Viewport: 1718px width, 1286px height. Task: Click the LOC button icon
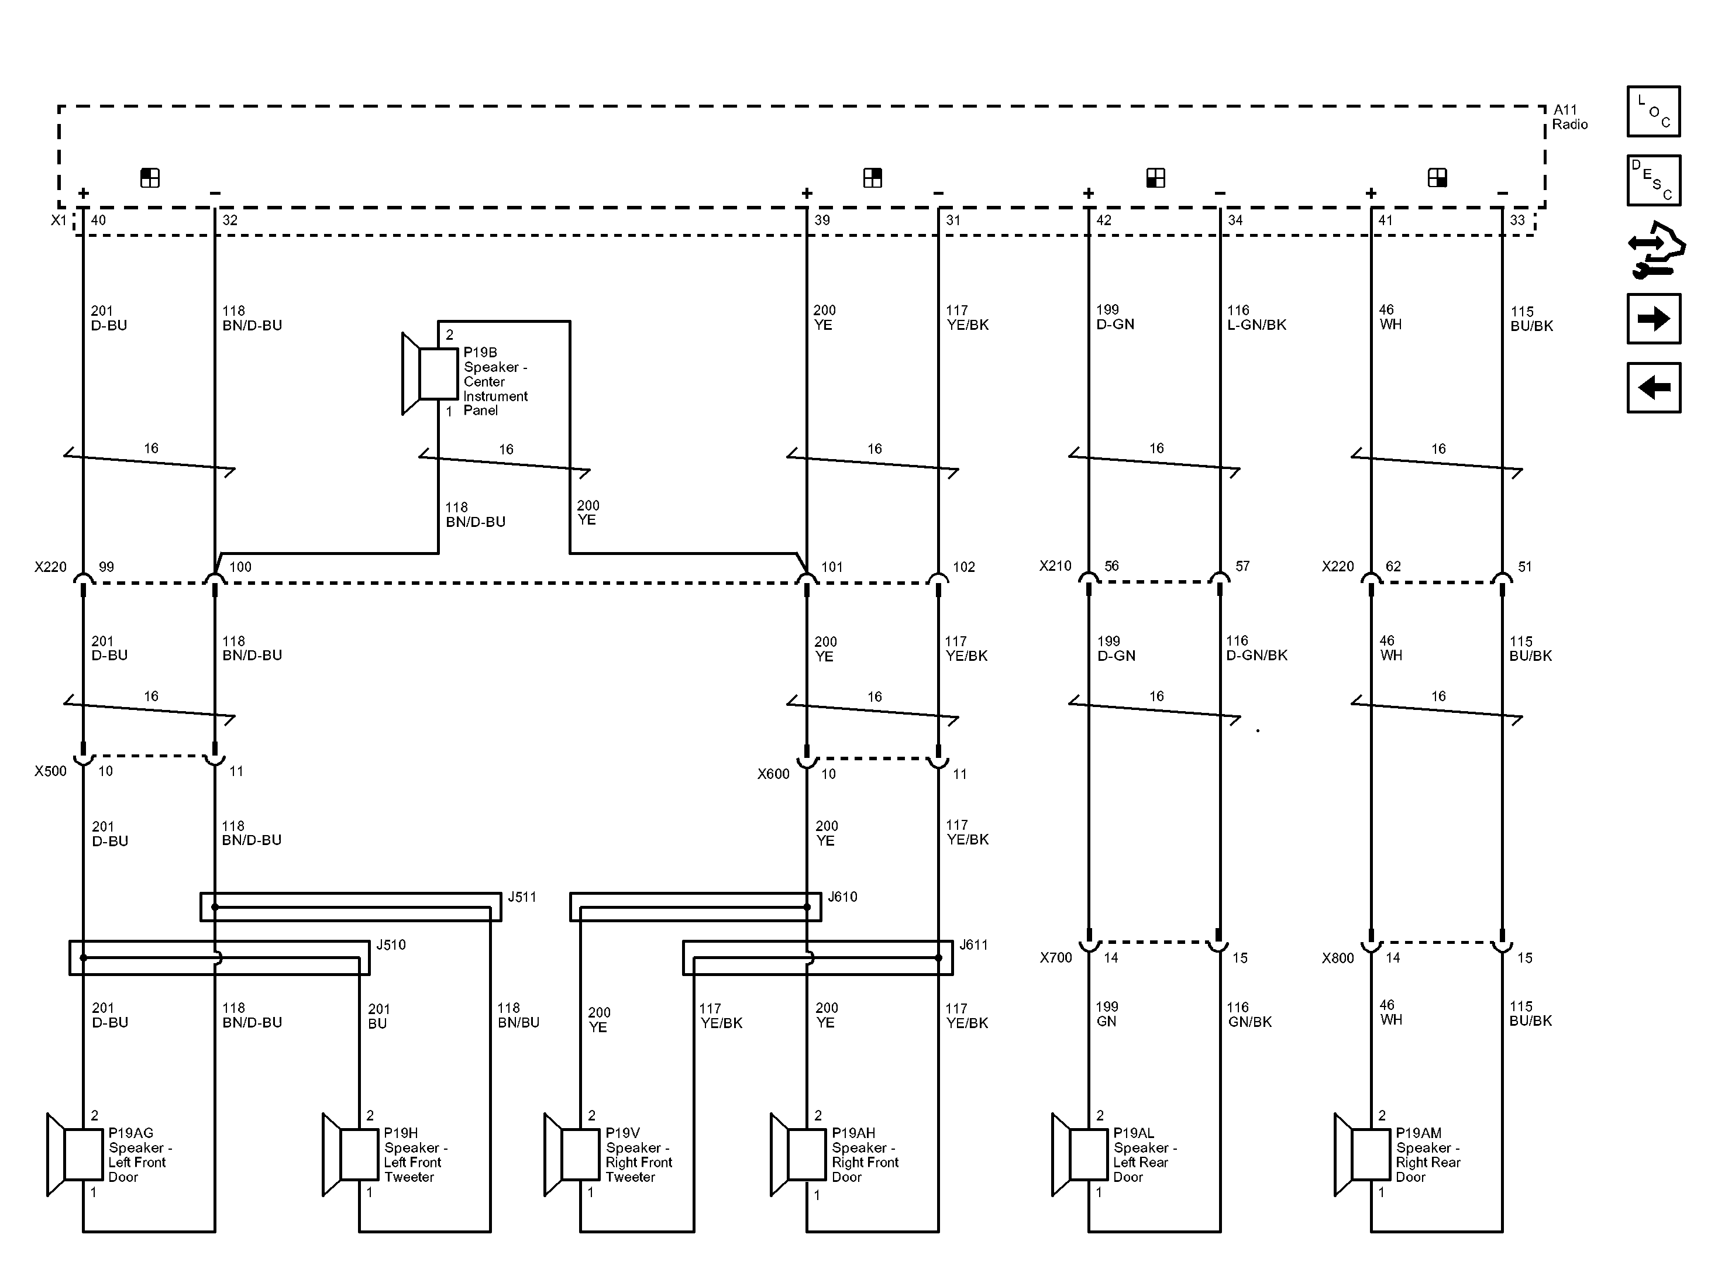1654,112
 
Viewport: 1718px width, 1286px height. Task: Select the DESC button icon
1654,180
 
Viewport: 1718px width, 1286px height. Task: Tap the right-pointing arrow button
1654,318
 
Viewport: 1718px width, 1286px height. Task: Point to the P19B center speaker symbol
429,374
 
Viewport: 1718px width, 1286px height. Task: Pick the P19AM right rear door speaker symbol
1362,1155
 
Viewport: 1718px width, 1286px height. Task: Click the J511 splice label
522,897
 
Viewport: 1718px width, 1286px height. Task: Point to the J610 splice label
843,897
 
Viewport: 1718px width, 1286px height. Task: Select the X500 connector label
50,771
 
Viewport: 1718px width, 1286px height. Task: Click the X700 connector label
1056,957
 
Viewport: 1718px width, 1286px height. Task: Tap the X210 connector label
1055,566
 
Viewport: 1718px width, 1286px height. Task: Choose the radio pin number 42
1104,220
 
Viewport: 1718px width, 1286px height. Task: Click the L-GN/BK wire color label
1256,325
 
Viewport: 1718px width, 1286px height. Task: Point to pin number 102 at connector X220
964,567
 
